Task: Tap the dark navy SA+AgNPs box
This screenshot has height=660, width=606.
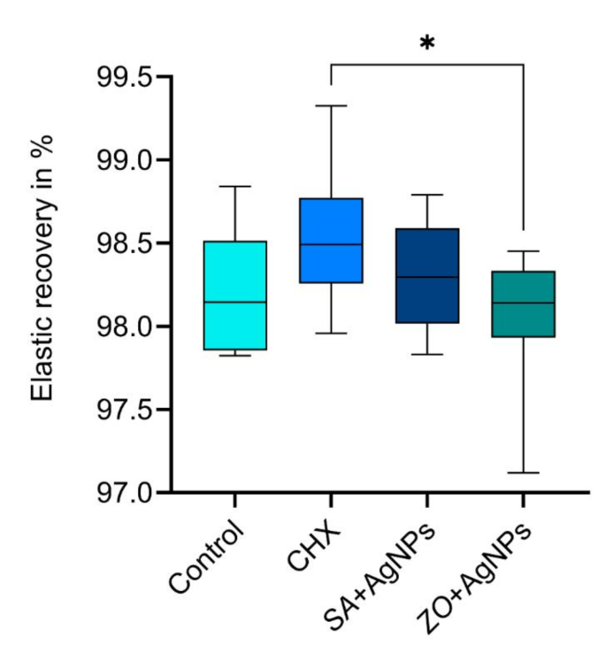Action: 427,275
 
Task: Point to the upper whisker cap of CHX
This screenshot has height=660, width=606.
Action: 331,105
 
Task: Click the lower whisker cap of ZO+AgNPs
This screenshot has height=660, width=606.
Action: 523,472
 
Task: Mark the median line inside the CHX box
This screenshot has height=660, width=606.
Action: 331,244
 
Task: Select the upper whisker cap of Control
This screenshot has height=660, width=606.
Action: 235,187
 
